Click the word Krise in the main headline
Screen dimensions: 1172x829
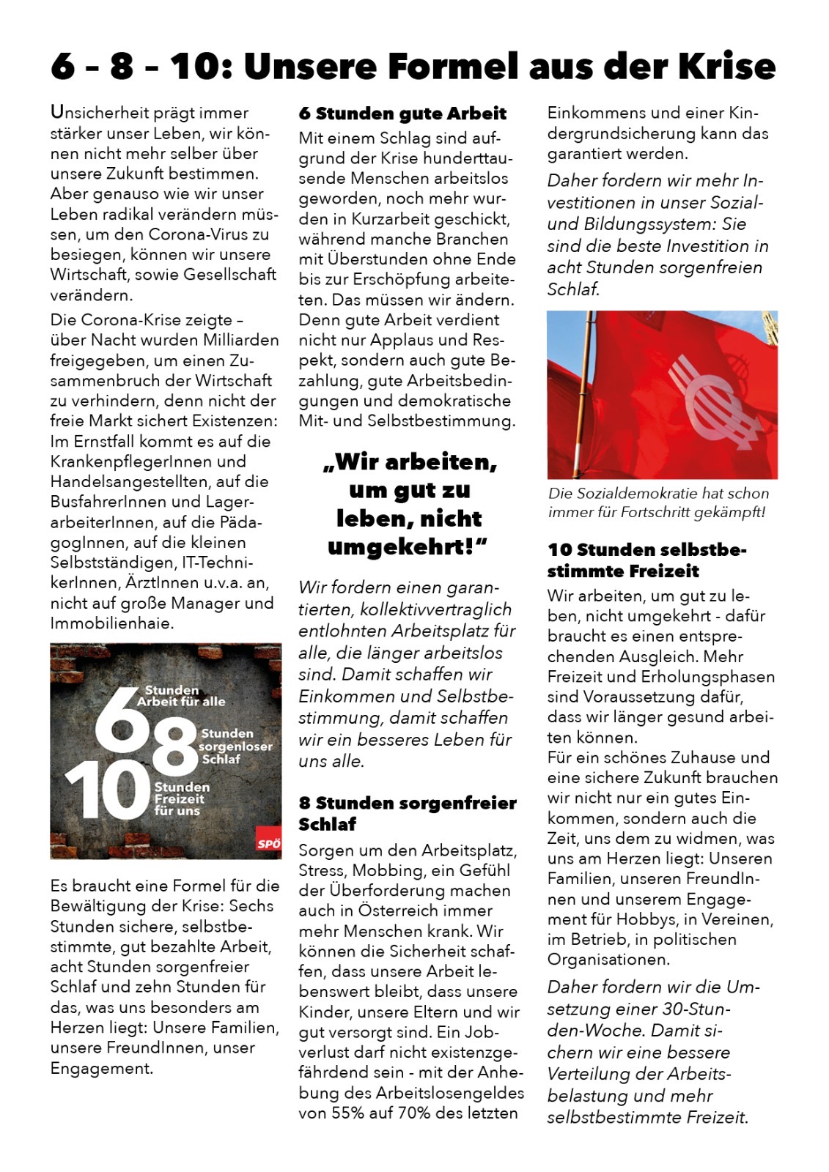726,66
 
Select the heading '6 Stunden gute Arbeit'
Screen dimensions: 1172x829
402,114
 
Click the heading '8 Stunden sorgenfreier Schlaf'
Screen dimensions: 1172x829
407,813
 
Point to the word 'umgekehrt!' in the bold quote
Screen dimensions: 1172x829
408,546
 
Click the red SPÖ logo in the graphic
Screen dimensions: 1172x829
268,843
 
